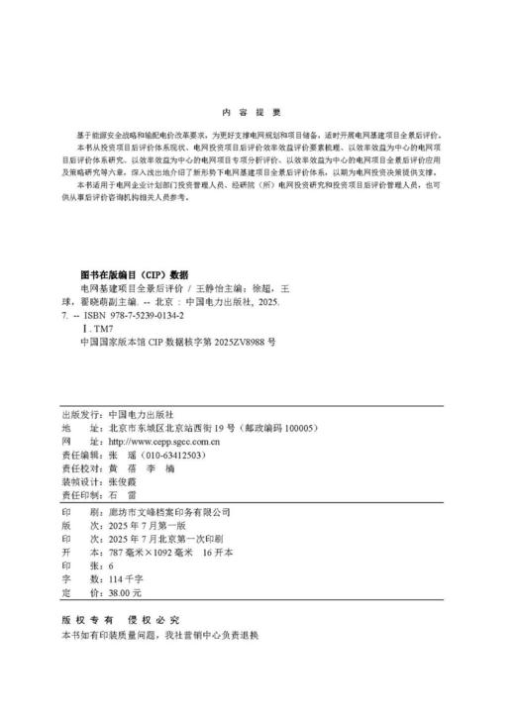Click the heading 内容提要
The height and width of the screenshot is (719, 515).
(257, 112)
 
